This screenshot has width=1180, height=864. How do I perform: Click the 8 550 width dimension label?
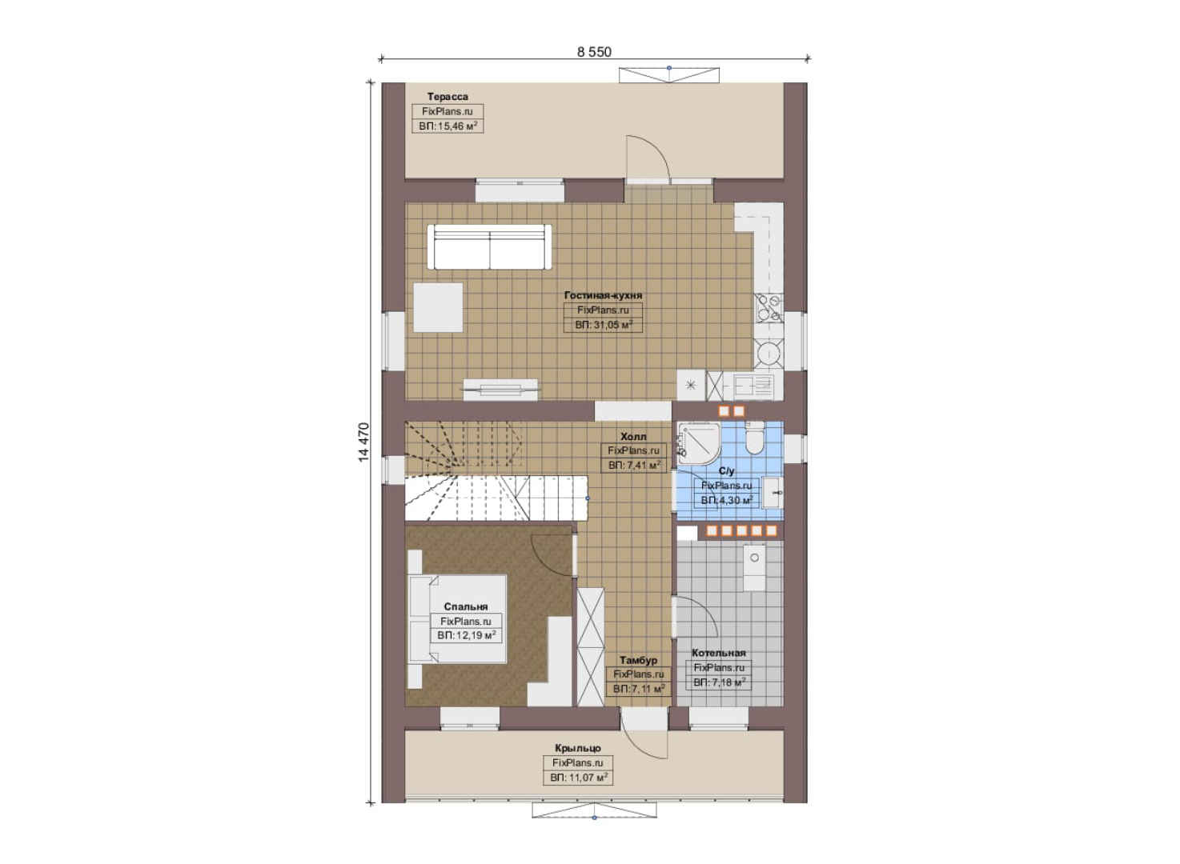[x=594, y=51]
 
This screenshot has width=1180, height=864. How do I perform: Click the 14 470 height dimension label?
[x=364, y=442]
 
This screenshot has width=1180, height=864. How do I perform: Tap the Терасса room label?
[x=448, y=97]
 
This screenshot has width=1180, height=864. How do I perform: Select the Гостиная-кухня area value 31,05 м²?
[x=603, y=325]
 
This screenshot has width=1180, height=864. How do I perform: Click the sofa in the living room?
[x=490, y=247]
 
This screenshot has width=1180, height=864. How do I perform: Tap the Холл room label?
[x=633, y=437]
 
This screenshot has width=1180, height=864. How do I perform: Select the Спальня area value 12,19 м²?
[x=466, y=635]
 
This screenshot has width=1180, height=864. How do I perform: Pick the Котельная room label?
[x=719, y=653]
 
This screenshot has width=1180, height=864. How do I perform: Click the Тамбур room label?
[x=639, y=660]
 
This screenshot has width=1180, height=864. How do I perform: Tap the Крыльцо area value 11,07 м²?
[x=579, y=777]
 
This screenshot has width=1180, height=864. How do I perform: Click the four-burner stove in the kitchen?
[x=769, y=308]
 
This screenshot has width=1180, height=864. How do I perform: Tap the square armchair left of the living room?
[x=438, y=307]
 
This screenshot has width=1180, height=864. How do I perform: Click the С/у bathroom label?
[x=726, y=471]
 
